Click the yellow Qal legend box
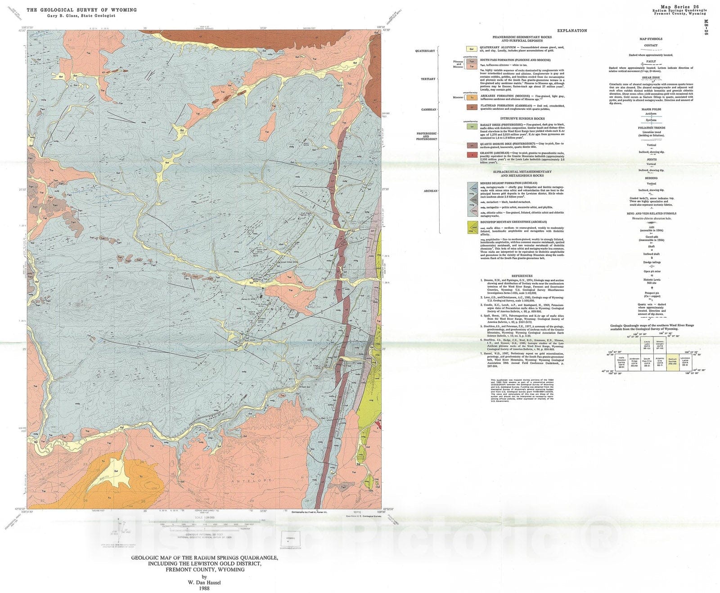pyautogui.click(x=471, y=49)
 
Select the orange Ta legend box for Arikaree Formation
pyautogui.click(x=471, y=97)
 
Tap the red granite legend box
pyautogui.click(x=471, y=155)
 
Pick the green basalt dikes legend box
pyautogui.click(x=471, y=127)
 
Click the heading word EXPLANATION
pyautogui.click(x=571, y=31)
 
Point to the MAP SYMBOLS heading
pyautogui.click(x=651, y=39)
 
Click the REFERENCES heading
pyautogui.click(x=522, y=276)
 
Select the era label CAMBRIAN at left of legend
pyautogui.click(x=428, y=109)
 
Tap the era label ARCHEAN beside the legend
pyautogui.click(x=430, y=191)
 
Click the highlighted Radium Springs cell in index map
pyautogui.click(x=672, y=361)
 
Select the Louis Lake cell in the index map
pyautogui.click(x=647, y=345)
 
